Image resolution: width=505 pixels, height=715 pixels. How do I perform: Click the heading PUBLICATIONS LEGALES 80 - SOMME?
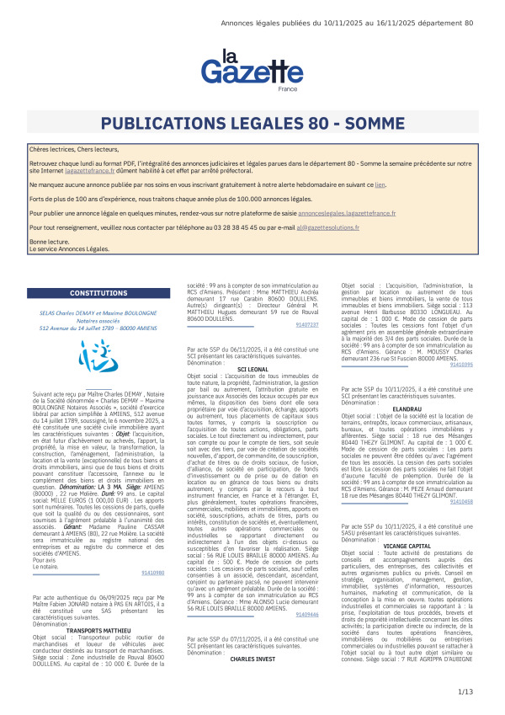pyautogui.click(x=252, y=125)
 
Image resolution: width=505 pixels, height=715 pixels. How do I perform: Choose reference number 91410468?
pyautogui.click(x=461, y=478)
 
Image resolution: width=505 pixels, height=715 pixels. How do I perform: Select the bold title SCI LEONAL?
pyautogui.click(x=253, y=369)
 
